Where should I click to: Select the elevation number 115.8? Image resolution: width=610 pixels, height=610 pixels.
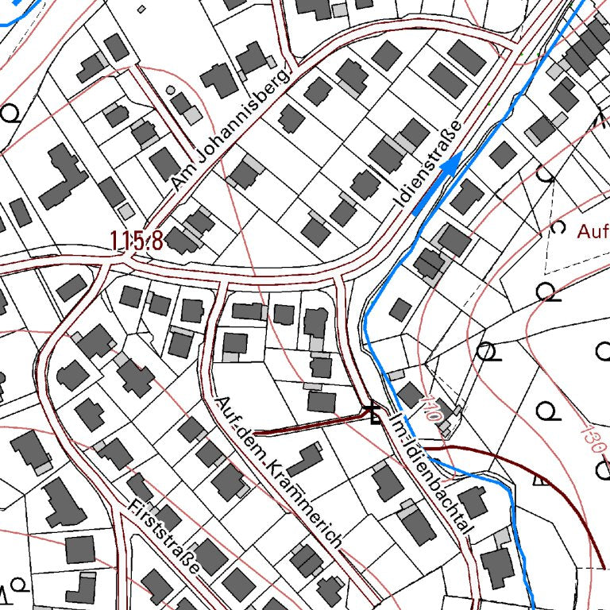[137, 240]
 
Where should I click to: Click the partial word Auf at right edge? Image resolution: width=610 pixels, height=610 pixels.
[593, 233]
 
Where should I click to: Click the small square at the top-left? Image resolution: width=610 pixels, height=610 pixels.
[141, 9]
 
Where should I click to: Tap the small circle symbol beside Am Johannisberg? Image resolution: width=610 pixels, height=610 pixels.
[171, 90]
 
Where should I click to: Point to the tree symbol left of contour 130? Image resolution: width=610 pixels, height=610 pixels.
[546, 411]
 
